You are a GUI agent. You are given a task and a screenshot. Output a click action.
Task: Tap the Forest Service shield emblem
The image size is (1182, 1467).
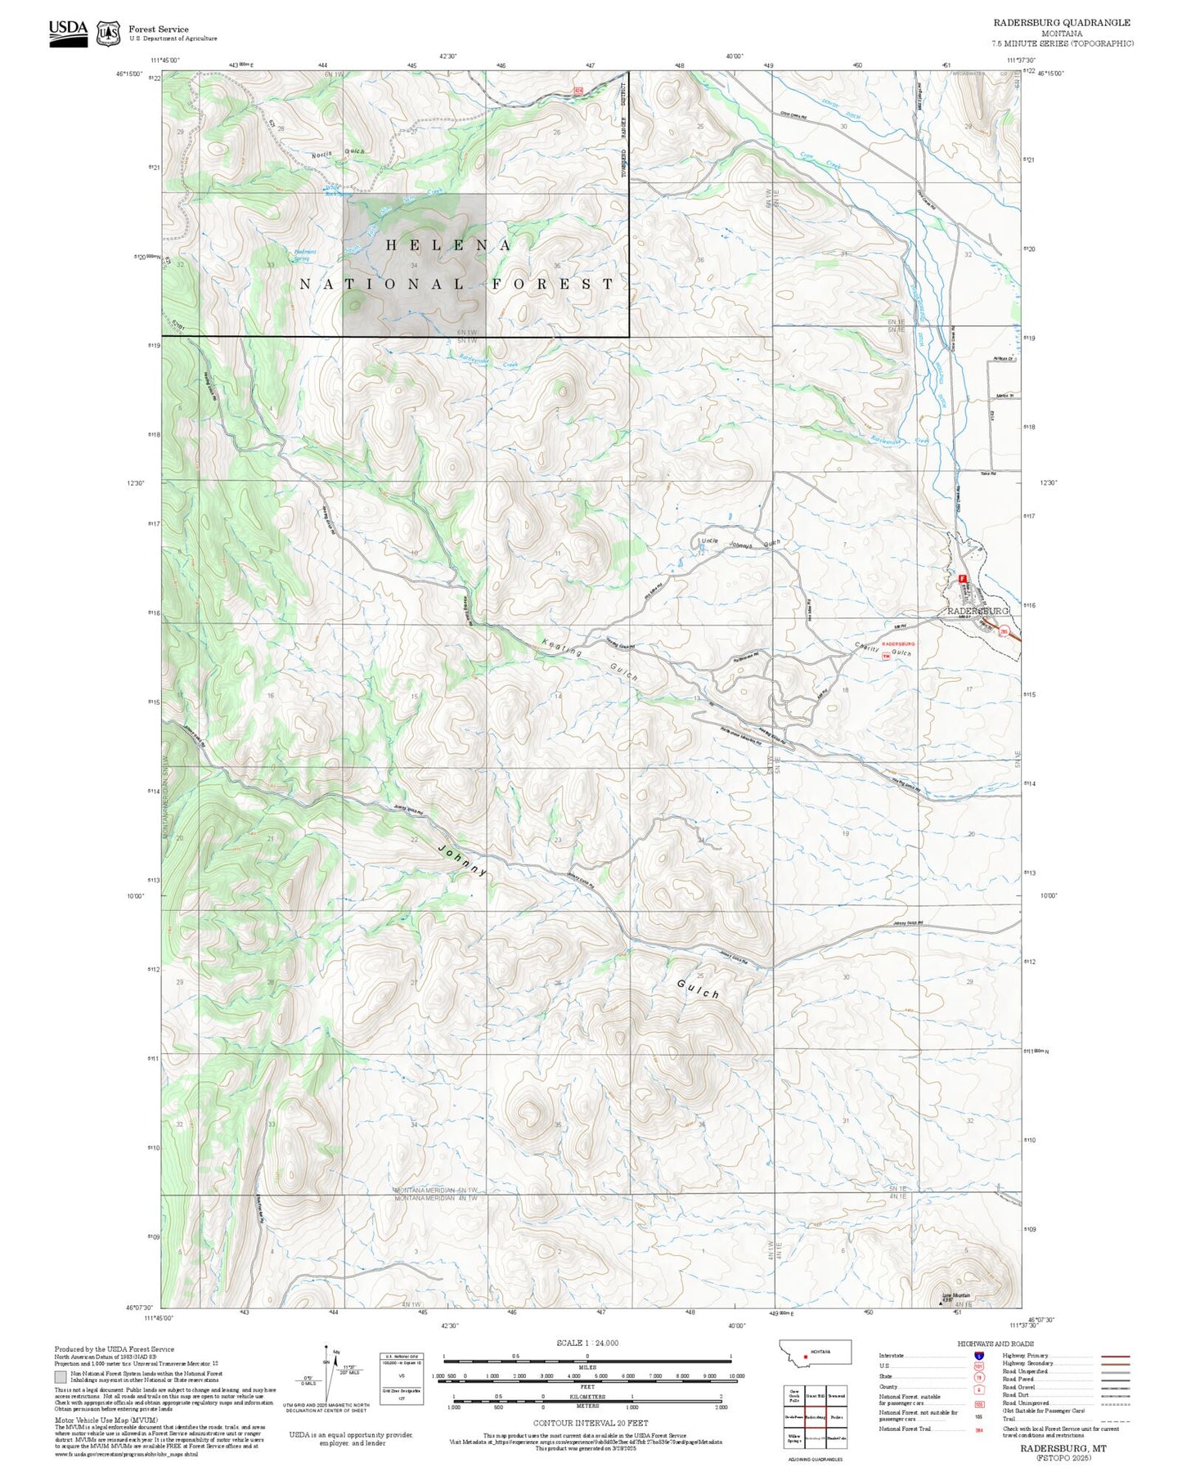[108, 34]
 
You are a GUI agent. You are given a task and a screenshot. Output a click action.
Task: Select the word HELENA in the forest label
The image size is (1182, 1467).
[449, 245]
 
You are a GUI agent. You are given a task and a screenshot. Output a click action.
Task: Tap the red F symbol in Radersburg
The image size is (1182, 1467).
[963, 578]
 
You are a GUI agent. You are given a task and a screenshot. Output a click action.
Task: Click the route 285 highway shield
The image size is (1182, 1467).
[1003, 630]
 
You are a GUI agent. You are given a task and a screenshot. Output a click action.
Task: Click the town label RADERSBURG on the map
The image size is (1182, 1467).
[978, 611]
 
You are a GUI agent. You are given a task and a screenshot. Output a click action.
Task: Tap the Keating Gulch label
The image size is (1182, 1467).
[589, 661]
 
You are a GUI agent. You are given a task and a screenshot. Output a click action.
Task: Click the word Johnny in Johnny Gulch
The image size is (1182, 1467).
[463, 860]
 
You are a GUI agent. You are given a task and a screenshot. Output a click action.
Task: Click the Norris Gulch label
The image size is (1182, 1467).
[330, 153]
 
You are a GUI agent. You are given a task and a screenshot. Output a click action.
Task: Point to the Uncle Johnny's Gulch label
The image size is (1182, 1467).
[741, 544]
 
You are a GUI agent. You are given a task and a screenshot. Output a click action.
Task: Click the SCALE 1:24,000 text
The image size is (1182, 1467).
[587, 1343]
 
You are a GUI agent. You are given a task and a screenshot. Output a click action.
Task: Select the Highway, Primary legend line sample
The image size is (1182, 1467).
[1115, 1356]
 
